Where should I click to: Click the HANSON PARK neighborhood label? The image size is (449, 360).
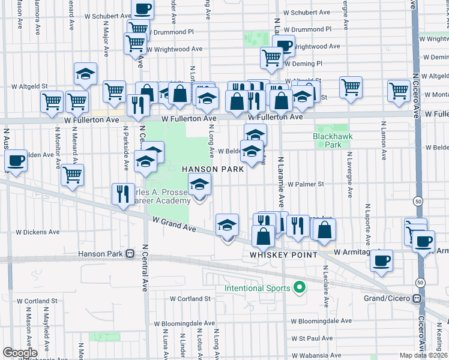click(x=214, y=169)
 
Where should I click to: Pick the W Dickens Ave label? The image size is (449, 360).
click(x=37, y=232)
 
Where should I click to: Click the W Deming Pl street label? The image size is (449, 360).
click(x=303, y=63)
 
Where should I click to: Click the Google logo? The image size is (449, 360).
click(x=19, y=353)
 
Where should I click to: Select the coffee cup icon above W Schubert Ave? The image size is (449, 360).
click(x=142, y=8)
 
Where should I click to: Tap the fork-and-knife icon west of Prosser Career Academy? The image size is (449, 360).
click(x=122, y=194)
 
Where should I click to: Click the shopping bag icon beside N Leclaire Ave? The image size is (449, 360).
click(x=324, y=229)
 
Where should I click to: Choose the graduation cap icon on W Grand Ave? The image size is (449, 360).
click(x=227, y=226)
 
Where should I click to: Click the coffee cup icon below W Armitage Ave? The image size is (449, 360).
click(x=382, y=261)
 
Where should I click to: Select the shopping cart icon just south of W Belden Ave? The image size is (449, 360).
click(x=72, y=176)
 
